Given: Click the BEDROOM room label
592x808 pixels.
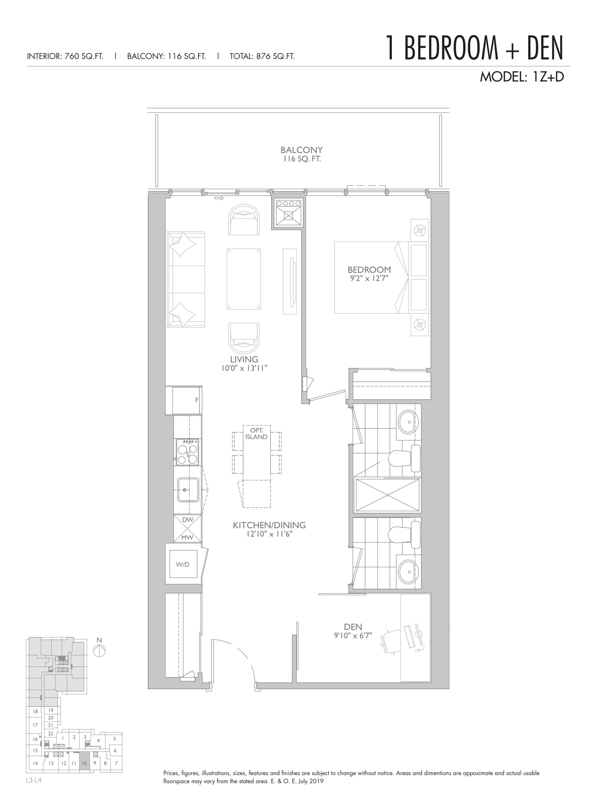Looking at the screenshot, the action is pos(369,270).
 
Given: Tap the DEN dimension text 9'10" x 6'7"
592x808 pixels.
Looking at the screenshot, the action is pos(353,636).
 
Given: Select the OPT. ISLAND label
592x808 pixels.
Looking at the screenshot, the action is pos(257,434).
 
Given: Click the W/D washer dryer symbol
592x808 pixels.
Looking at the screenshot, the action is pos(183,564).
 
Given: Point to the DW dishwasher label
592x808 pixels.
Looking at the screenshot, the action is pos(187,520).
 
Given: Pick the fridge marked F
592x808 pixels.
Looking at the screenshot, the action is pos(187,400).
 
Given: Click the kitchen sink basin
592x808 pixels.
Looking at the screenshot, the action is pos(188,490).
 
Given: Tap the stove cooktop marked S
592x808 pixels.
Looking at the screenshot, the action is pos(187,453).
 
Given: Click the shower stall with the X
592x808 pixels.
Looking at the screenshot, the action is pos(388,495).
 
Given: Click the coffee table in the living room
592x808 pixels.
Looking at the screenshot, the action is pos(244,279).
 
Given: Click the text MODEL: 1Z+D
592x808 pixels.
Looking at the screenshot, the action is pos(522,76).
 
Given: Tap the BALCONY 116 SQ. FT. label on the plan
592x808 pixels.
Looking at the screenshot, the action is pos(301,154).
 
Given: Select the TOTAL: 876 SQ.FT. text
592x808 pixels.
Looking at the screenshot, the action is pos(262,56).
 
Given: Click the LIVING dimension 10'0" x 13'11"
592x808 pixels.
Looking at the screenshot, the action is pos(244,368).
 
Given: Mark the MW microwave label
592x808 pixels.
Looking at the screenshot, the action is pos(187,537).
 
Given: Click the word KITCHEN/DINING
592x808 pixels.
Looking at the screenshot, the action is pos(269,525).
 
